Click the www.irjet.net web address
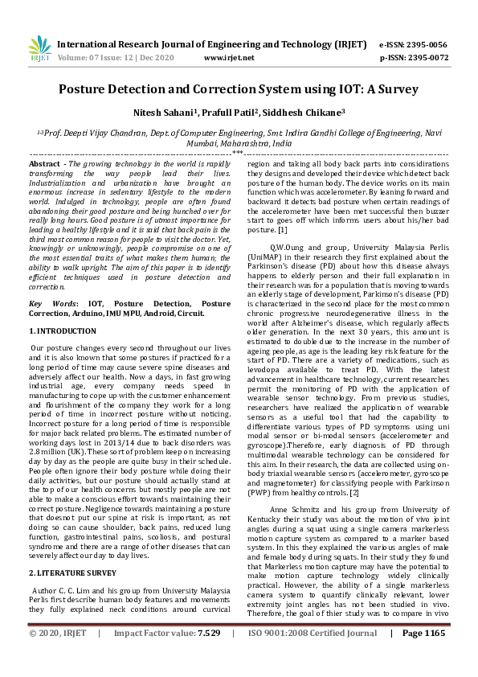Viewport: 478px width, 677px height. pyautogui.click(x=230, y=59)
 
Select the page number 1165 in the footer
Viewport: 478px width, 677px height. pyautogui.click(x=434, y=656)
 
